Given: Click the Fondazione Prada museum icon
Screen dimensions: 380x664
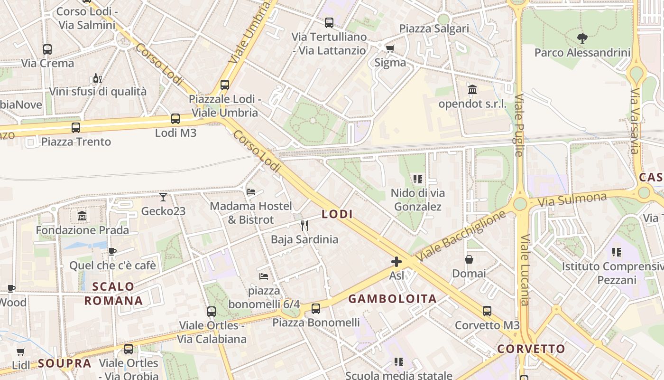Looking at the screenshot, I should pos(82,216).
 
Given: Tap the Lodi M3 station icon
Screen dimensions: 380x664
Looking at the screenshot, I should pos(175,119).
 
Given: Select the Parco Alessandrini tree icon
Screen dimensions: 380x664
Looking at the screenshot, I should pos(582,38).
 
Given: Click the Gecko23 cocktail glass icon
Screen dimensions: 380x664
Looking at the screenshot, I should pos(163,197).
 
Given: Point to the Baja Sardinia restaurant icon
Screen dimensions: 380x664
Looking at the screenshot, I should pos(304,225).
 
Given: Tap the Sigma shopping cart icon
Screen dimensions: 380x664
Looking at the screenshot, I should pos(390,48).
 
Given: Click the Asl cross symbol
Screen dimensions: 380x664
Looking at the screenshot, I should pos(396,262).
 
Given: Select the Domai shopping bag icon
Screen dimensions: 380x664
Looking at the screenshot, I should pos(469,259).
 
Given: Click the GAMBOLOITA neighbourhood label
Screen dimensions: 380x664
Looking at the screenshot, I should pos(392,299).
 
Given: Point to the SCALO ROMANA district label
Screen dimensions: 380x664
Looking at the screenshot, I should pos(113,294).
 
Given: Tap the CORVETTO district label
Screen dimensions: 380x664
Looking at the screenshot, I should pos(531,349).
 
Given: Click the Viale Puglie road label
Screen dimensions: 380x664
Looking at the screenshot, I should pos(519,125).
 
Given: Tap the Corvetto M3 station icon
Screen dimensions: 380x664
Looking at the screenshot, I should pos(487,311).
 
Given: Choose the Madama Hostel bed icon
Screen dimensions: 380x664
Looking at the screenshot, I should pos(251,192).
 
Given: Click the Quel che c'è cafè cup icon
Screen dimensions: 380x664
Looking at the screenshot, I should pos(112,251).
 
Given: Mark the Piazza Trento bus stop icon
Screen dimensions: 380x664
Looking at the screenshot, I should pos(76,127).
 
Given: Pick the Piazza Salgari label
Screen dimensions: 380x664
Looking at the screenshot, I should pos(434,28).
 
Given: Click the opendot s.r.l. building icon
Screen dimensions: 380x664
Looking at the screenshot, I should pos(472,90).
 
